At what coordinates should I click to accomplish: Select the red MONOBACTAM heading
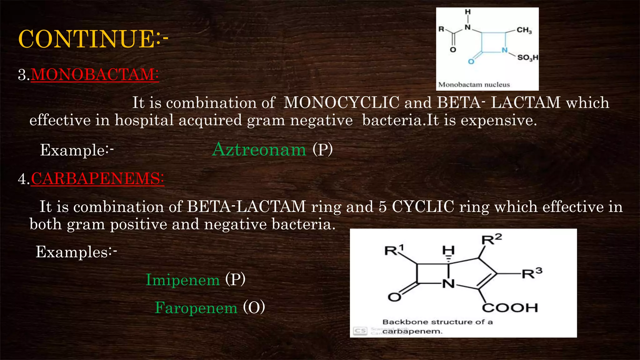(95, 75)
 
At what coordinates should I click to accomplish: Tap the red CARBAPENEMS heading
(97, 179)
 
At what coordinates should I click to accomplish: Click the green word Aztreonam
(259, 149)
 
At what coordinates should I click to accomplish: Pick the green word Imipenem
(183, 280)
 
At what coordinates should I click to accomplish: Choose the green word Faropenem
(196, 308)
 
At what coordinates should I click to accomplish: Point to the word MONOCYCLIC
(341, 102)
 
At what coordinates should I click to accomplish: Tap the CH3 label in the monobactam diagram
(524, 30)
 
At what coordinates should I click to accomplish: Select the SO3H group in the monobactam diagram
(528, 57)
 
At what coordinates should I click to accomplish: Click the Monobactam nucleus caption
(474, 85)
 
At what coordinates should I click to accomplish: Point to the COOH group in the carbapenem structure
(510, 308)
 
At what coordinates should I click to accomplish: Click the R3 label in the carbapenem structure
(532, 273)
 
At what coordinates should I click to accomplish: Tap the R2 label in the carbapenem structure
(492, 239)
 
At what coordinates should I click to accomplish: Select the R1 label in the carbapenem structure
(394, 250)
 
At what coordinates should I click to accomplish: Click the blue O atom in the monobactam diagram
(471, 62)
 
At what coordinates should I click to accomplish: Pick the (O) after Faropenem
(254, 307)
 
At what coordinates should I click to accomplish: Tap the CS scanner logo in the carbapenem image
(360, 331)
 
